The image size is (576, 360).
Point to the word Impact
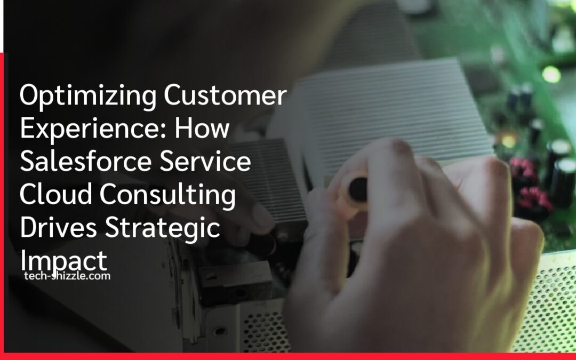pos(63,261)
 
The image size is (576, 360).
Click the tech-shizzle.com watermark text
pos(67,276)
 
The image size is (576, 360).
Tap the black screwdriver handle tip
pos(358,189)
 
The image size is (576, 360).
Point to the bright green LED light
pos(551,74)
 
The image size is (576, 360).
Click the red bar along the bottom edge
pos(288,356)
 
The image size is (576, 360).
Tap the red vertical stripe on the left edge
pos(4,203)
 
